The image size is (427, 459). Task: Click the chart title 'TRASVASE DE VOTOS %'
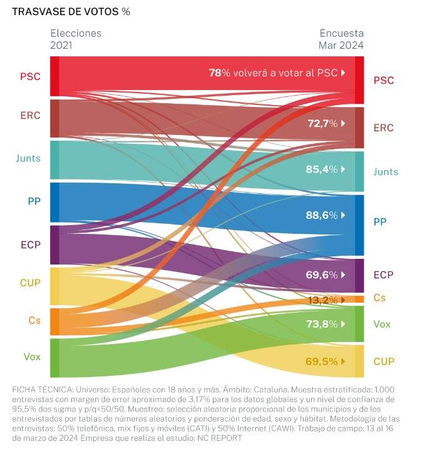[x=71, y=12]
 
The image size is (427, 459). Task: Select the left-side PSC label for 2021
[x=30, y=77]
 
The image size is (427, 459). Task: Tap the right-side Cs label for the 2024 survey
[x=379, y=298]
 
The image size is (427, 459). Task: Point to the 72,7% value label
[x=322, y=124]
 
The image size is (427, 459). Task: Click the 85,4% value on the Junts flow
[x=322, y=169]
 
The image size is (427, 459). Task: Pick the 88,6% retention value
[x=322, y=214]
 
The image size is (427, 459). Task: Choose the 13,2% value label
[x=322, y=301]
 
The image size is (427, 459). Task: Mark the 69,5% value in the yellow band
[x=321, y=361]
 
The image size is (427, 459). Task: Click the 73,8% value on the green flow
[x=322, y=324]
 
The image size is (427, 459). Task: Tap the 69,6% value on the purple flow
[x=322, y=275]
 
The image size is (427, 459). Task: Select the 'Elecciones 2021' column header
[x=75, y=39]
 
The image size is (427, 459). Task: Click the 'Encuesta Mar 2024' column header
[x=341, y=39]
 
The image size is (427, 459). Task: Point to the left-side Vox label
[x=32, y=357]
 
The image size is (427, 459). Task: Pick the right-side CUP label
[x=383, y=361]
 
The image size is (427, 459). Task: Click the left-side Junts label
[x=28, y=158]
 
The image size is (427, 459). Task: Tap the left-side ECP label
[x=30, y=244]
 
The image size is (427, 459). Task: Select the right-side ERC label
[x=383, y=128]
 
